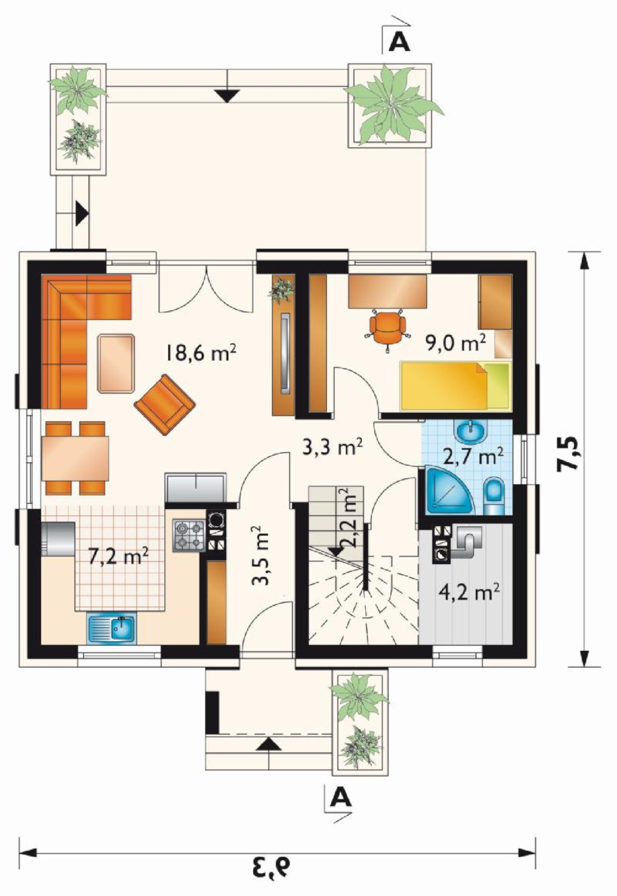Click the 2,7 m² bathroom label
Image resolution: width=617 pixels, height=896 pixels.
coord(473,457)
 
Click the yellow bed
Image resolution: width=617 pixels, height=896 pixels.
coord(456,386)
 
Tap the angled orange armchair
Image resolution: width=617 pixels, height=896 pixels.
coord(165,404)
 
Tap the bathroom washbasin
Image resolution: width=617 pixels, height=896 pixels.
coord(471,431)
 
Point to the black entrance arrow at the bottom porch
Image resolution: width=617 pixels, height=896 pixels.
coord(267,744)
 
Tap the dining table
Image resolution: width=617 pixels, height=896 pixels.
coord(75,458)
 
